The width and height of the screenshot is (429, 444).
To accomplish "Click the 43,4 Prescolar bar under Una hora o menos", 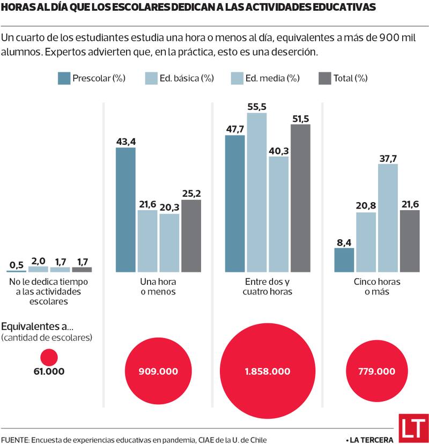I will pos(125,209).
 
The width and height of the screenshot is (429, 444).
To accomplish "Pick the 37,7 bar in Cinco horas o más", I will pos(388,218).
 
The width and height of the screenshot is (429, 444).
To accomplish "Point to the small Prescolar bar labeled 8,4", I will pos(344,260).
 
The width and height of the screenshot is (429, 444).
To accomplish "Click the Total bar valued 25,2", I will pos(191,235).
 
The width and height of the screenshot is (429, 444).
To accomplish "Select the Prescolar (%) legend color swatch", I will pos(64,78).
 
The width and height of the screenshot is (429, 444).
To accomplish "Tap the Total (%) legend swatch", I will pos(325,78).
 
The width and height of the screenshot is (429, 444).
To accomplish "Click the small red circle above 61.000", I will pos(49,357).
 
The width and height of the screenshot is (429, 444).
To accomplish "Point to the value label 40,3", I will pos(278,150).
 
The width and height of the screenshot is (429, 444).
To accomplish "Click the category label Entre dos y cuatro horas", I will pos(267,287).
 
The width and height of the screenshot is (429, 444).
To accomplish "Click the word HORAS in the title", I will pos(16,8).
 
